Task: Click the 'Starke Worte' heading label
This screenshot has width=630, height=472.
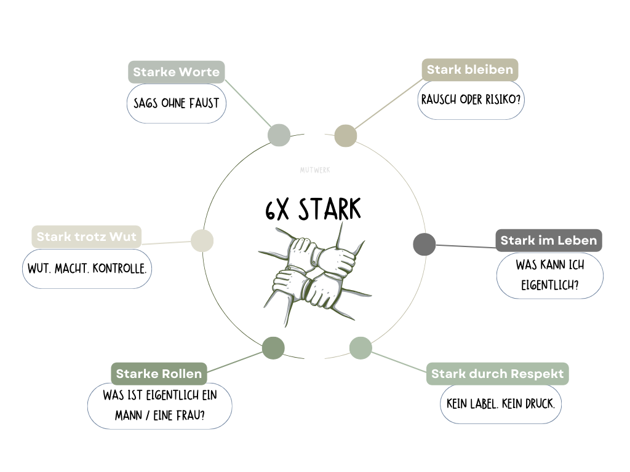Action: click(176, 72)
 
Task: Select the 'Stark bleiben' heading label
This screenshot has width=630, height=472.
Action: click(469, 69)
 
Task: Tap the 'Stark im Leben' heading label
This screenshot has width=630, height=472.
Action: click(548, 240)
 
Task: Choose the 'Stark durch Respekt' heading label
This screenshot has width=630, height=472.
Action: click(497, 374)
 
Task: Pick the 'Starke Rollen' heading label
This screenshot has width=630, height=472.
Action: click(158, 374)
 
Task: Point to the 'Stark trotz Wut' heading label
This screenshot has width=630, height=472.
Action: click(86, 237)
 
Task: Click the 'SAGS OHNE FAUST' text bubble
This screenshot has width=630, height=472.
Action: click(176, 103)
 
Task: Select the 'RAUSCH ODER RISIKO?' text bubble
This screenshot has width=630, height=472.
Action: click(471, 99)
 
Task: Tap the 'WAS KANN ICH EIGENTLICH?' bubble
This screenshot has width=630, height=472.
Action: click(549, 275)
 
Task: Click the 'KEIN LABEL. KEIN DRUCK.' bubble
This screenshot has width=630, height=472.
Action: click(500, 404)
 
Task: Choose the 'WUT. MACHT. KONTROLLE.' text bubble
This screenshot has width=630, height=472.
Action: click(87, 269)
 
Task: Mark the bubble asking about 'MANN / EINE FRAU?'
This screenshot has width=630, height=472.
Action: click(159, 406)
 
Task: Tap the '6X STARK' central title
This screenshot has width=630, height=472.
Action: click(313, 210)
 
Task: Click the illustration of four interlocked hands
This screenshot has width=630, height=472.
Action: click(315, 269)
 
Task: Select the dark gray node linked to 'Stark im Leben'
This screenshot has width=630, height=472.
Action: click(424, 244)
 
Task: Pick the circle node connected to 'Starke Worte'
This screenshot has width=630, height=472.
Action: click(279, 135)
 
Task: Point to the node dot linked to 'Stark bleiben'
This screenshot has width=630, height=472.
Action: click(346, 136)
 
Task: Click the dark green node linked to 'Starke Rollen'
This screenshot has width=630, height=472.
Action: click(273, 348)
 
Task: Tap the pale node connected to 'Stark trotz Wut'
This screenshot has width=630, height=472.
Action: click(202, 240)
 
